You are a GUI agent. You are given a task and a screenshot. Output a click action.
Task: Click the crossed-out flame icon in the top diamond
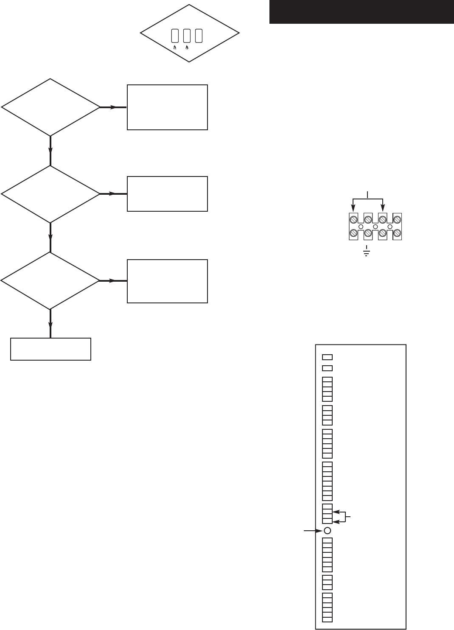175,48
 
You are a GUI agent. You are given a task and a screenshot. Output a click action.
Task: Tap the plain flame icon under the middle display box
187,48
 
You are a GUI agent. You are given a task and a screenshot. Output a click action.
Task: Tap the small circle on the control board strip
327,530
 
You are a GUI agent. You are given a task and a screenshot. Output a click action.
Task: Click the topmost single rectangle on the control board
327,357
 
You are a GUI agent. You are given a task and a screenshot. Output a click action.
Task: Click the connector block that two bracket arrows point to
327,514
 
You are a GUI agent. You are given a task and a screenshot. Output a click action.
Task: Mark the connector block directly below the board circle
327,554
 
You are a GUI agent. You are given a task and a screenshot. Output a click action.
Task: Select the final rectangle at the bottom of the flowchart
50,349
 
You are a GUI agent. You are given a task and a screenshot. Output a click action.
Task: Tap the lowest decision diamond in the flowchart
50,281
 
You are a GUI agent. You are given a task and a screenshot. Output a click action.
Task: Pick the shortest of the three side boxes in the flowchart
167,194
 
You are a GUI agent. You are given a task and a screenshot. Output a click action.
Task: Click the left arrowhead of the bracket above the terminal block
353,207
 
